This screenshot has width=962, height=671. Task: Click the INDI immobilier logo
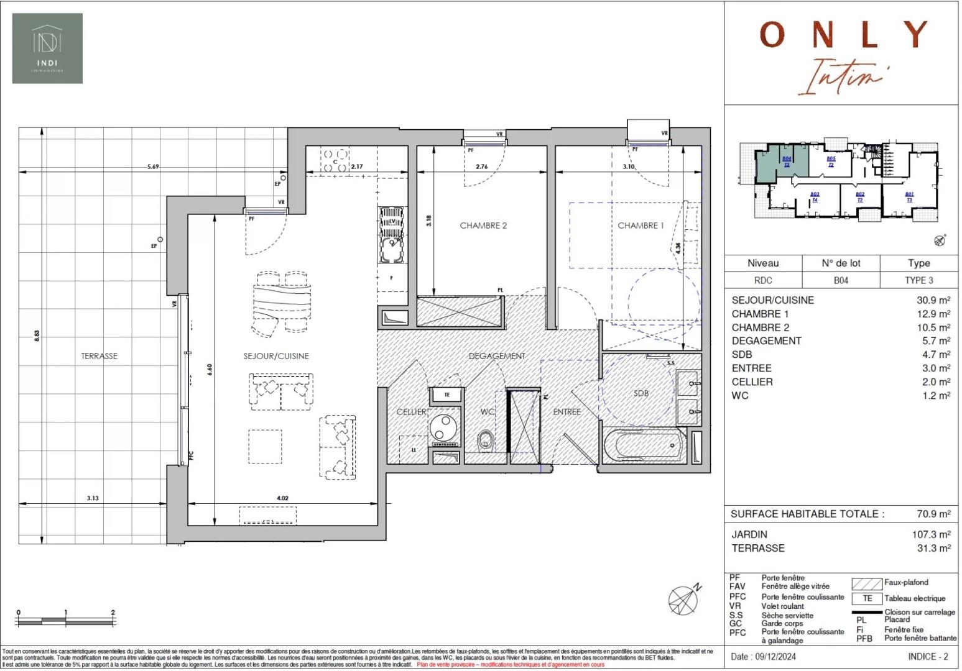click(x=47, y=48)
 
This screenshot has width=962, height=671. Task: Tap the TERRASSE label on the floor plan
click(x=99, y=356)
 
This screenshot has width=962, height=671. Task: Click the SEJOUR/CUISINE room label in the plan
click(x=276, y=356)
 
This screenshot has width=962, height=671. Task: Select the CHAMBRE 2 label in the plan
click(x=483, y=226)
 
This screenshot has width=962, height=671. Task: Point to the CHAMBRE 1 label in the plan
click(x=641, y=226)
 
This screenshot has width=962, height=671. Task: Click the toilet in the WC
click(x=485, y=440)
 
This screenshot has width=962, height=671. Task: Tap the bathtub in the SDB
click(x=644, y=445)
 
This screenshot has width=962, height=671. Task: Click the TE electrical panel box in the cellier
click(x=446, y=395)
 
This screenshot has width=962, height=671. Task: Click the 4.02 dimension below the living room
click(x=282, y=498)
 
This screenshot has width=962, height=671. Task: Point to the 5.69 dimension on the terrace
click(x=152, y=167)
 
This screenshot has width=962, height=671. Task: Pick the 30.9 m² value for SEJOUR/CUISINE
click(x=933, y=300)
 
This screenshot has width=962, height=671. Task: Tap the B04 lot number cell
click(x=841, y=280)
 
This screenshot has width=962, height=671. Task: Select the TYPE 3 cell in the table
click(x=918, y=280)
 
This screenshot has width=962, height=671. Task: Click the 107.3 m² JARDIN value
click(x=931, y=534)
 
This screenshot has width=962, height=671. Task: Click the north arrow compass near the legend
click(x=684, y=599)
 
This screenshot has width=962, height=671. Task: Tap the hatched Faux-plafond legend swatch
click(x=867, y=583)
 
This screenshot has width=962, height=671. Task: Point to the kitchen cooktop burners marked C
click(x=335, y=160)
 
